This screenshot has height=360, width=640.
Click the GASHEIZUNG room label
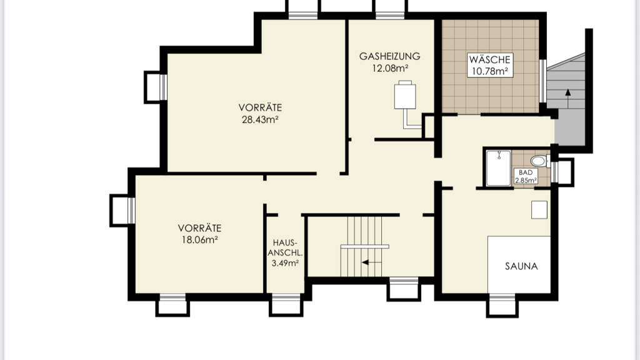click(389, 56)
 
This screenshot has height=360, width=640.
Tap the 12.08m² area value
click(390, 68)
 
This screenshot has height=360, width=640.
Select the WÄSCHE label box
click(490, 65)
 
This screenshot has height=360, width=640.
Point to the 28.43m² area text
click(260, 119)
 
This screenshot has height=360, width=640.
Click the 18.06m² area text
click(199, 239)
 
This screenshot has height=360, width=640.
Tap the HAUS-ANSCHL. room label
click(285, 247)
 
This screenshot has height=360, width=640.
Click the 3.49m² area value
click(285, 263)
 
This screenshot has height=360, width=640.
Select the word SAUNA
click(521, 266)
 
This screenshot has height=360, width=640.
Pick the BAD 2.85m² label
click(526, 176)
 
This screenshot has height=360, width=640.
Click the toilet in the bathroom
click(539, 161)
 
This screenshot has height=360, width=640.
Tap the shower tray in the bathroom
click(498, 167)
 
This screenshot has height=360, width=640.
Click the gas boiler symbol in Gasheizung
click(405, 95)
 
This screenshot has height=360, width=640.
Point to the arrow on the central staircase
click(371, 262)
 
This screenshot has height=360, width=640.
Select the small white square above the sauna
click(539, 210)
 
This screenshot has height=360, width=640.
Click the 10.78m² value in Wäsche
click(490, 71)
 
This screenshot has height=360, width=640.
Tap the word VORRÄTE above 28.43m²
click(260, 107)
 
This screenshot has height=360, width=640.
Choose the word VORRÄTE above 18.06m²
click(199, 227)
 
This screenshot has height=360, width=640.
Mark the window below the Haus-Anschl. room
click(286, 304)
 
